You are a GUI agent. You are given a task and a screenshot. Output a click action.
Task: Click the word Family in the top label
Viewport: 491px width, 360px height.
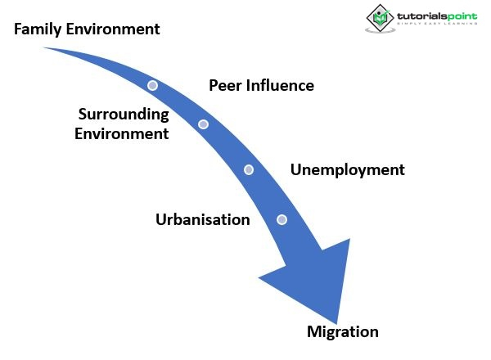(x=38, y=29)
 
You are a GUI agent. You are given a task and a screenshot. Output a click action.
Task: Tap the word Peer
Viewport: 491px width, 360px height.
(x=226, y=85)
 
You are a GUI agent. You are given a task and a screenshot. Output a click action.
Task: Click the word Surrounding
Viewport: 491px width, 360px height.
(x=124, y=115)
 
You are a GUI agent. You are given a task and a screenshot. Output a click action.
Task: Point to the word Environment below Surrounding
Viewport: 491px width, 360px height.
(x=122, y=133)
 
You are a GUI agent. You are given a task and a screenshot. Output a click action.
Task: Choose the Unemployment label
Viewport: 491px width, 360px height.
(x=348, y=170)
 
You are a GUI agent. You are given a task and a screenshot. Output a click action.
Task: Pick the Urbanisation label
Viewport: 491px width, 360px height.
(x=202, y=219)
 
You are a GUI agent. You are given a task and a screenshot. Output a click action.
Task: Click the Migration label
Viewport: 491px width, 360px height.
(x=342, y=331)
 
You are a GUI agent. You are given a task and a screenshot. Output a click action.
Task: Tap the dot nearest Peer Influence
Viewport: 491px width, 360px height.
(x=152, y=85)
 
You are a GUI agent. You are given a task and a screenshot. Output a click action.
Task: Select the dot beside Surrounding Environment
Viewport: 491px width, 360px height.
(x=203, y=124)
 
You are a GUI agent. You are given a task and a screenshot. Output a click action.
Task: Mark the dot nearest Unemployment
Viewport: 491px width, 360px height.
(x=249, y=170)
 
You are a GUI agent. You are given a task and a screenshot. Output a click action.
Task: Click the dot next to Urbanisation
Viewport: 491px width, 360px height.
(x=282, y=219)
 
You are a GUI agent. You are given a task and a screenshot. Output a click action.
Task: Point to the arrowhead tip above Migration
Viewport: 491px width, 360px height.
(x=336, y=321)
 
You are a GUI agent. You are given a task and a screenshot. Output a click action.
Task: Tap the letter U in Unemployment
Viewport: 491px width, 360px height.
(x=296, y=170)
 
